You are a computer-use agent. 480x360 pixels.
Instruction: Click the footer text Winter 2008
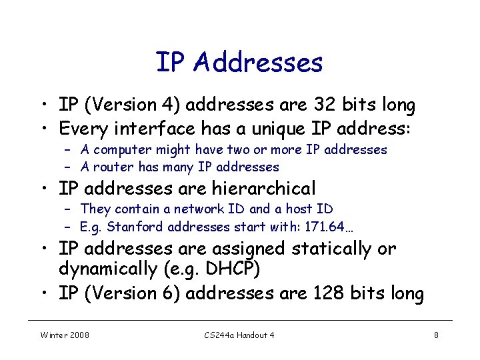pos(65,335)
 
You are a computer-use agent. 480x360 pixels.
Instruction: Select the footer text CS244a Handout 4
pos(239,335)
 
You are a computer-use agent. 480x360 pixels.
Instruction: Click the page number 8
pos(436,335)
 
